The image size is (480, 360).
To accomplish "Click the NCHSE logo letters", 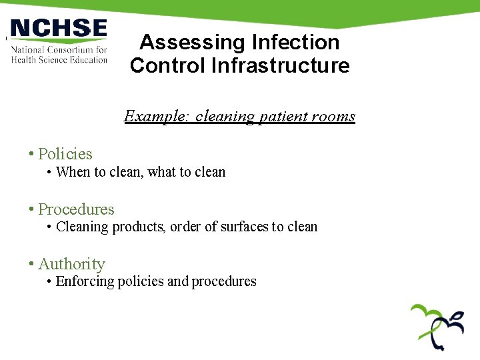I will point(59,29).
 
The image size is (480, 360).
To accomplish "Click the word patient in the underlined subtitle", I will point(275,117).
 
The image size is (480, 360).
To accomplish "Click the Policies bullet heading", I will point(65,154).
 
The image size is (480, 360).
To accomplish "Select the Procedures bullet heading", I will point(76,209).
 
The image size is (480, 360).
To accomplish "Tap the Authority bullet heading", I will point(71,265).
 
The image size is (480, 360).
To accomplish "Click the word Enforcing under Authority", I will point(85,281).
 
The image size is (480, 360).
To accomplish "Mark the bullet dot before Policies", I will point(31,154).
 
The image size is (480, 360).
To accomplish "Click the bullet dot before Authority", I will point(31,265).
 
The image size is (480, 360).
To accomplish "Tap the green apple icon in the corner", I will point(437,326).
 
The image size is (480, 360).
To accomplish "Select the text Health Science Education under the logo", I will point(59,60).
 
